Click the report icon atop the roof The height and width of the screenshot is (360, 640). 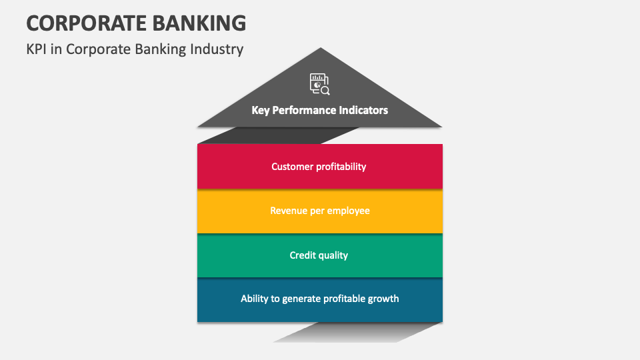pos(319,84)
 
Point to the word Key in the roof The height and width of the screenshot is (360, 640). pos(260,110)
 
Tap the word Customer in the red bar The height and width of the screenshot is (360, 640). pos(293,167)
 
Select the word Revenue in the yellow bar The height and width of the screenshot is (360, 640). pos(290,211)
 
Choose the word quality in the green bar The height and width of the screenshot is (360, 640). pos(335,255)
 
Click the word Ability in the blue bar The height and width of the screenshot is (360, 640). pos(255,299)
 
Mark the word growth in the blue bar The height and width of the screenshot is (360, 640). pos(383,299)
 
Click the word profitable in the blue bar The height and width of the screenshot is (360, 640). pos(344,299)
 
